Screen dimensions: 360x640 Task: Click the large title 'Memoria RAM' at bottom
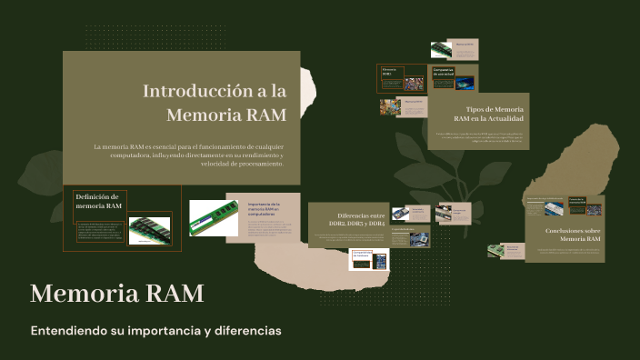[x=116, y=294]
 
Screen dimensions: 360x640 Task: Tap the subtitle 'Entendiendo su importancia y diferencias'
[x=155, y=330]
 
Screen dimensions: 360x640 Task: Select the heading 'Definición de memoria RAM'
[x=98, y=201]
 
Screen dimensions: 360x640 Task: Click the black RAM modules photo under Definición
[x=149, y=229]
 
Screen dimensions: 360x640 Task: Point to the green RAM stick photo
[x=214, y=218]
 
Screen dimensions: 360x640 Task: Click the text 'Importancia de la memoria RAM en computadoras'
[x=265, y=208]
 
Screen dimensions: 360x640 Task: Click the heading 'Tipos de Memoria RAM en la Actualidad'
[x=488, y=114]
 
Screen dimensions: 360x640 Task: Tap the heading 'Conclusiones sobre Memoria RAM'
[x=572, y=235]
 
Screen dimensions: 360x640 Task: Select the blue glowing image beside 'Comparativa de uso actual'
[x=465, y=84]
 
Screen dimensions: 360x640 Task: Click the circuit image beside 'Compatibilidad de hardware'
[x=381, y=261]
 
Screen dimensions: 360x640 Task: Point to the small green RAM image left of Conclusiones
[x=495, y=249]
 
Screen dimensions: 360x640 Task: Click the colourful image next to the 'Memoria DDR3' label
[x=414, y=83]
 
